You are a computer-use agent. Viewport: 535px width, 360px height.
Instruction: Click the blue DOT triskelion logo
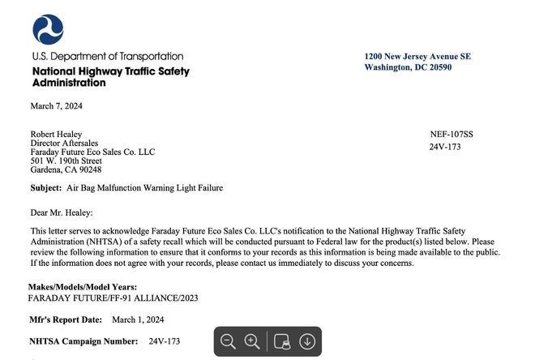48,29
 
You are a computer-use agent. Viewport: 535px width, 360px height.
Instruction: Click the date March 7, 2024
57,106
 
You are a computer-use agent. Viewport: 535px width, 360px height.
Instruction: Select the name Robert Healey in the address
56,135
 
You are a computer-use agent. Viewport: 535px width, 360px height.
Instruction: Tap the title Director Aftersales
64,144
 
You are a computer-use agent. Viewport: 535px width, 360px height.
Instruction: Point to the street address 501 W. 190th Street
66,161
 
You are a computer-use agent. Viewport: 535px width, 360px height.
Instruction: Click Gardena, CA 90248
66,170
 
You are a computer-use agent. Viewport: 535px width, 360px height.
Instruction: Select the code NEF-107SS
452,135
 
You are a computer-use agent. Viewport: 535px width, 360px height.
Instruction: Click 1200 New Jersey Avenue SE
417,57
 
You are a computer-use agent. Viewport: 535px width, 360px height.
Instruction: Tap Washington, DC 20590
408,67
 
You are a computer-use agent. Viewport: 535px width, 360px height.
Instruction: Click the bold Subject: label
46,188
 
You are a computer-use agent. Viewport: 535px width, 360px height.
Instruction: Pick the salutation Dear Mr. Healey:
62,213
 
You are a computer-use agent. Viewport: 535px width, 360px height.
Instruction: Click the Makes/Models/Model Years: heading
83,287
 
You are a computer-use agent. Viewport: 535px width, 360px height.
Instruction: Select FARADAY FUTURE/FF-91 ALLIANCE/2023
113,298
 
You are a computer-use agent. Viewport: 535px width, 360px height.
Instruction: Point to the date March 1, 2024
138,320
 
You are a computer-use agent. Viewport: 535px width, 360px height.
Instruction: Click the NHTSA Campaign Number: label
83,342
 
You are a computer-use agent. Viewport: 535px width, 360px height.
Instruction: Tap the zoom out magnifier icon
229,341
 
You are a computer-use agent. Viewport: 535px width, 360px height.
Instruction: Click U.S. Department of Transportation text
108,57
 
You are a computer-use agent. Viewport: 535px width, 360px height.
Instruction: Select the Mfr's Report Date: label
66,320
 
